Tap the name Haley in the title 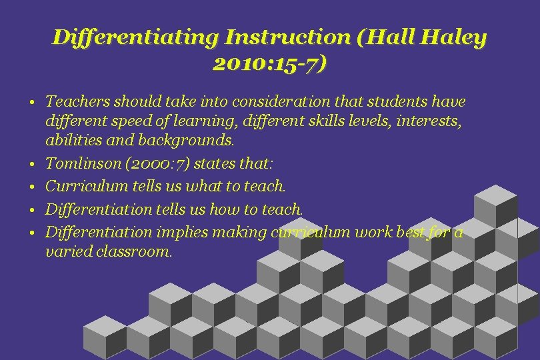pos(457,38)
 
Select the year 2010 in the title pos(237,64)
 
